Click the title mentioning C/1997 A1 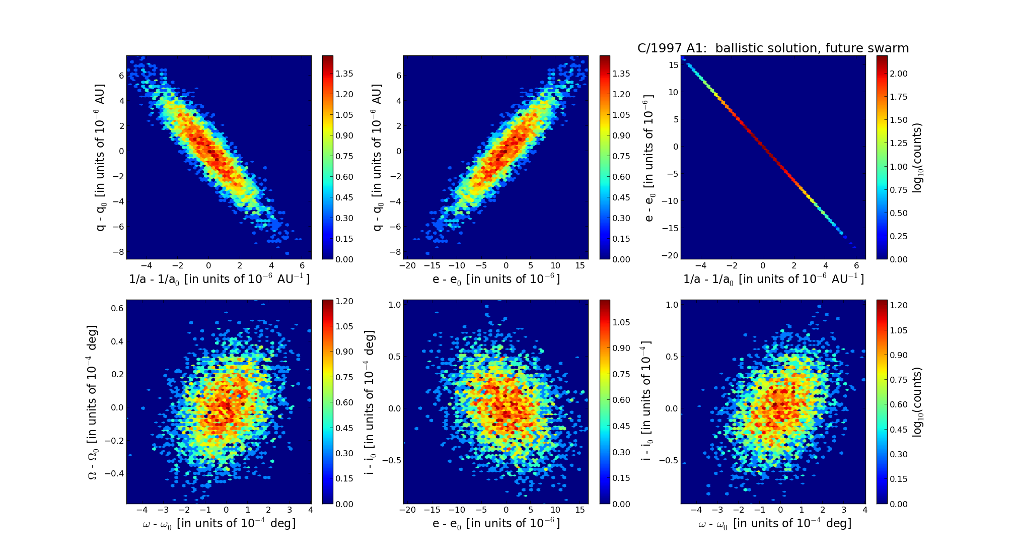pos(773,48)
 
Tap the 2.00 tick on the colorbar pos(899,74)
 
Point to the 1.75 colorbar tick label pos(899,97)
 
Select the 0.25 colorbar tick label pos(899,236)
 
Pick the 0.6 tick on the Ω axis pos(117,308)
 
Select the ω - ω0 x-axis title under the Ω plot pos(219,524)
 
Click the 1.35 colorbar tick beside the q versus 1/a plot pos(344,74)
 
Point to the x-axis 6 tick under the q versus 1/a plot pos(302,265)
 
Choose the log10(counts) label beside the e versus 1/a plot pos(917,158)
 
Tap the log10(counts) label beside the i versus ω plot pos(917,402)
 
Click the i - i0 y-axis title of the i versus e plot pos(371,402)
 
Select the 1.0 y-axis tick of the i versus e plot pos(395,305)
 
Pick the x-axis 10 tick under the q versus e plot pos(555,265)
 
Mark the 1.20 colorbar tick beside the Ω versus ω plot pos(344,301)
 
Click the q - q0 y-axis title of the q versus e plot pos(377,158)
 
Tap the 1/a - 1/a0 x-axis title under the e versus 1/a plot pos(773,279)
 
